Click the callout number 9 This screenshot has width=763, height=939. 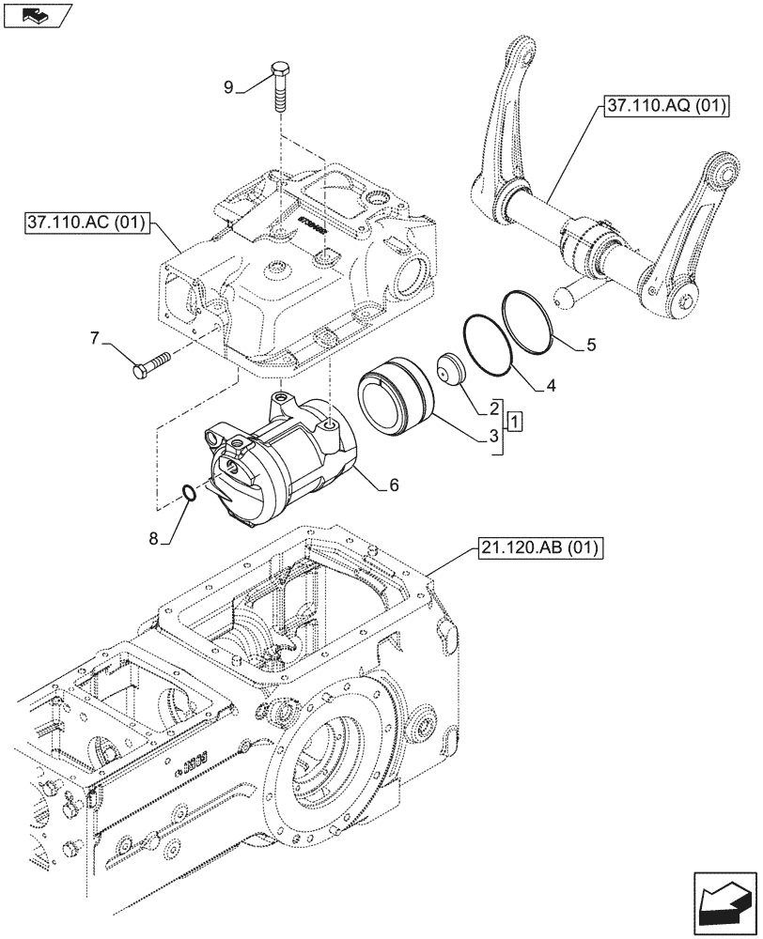pos(227,88)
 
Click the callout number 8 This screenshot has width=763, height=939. pos(154,538)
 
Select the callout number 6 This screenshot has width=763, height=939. pos(394,485)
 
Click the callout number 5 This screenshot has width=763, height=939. pos(590,345)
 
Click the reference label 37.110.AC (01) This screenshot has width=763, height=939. pos(81,224)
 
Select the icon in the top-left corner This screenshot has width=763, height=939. pos(38,15)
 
